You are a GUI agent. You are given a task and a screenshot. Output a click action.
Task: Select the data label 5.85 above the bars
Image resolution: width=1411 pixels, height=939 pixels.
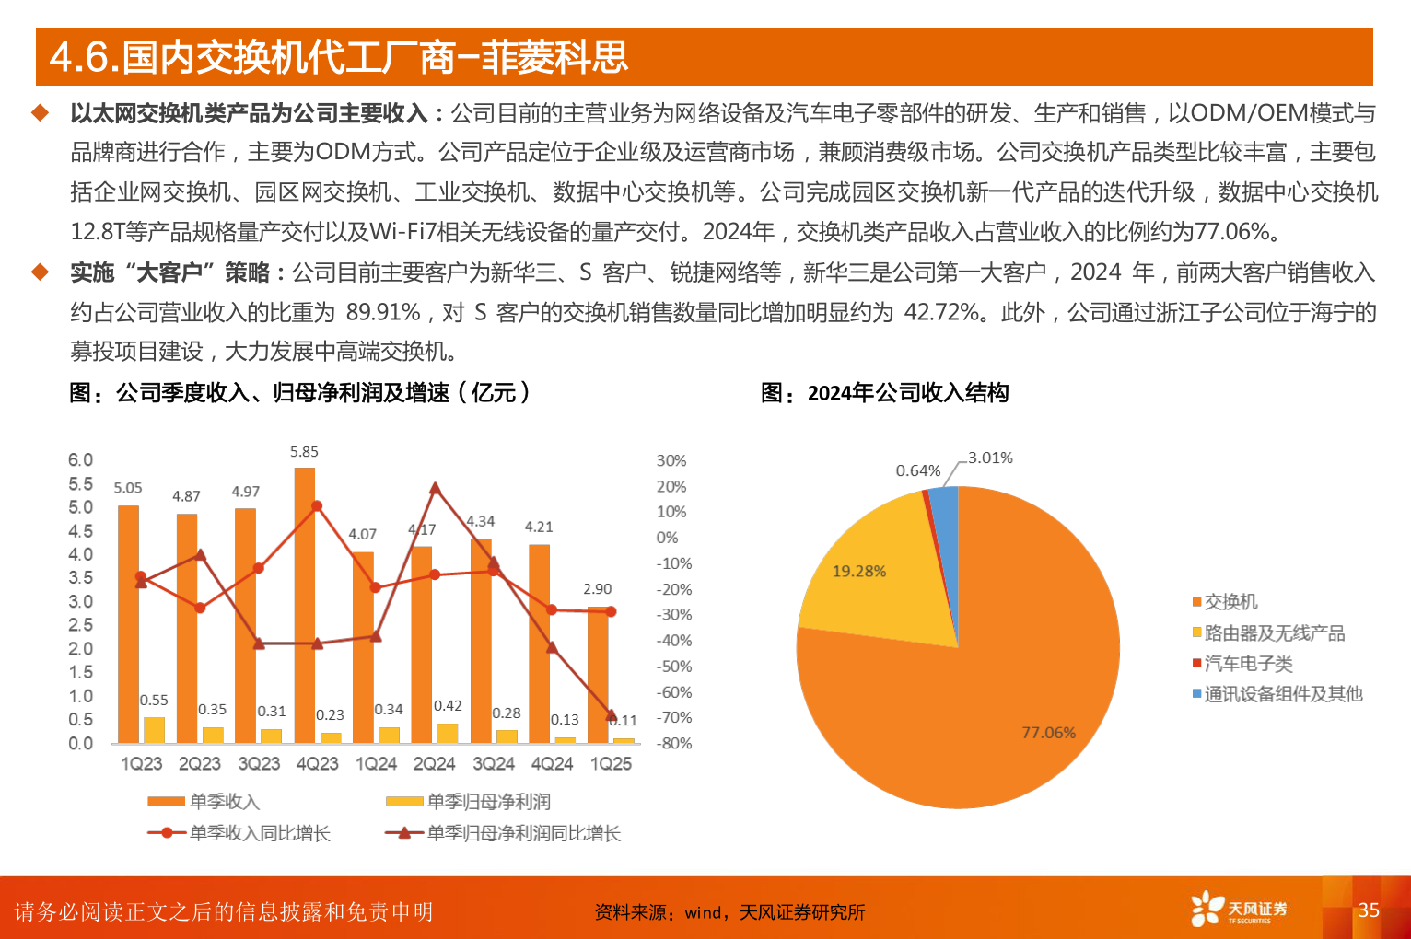304,452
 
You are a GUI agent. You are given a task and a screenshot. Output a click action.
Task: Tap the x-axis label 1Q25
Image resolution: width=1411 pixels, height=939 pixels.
611,764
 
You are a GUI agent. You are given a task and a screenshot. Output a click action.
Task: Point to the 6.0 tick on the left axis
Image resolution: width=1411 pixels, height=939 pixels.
80,459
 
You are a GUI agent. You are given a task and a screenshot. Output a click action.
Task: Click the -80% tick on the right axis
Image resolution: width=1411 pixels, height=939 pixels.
674,743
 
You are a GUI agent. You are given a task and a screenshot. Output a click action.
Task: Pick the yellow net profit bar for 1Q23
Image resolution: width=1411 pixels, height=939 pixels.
154,729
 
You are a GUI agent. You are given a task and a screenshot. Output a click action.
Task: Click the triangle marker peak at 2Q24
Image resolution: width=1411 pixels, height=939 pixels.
435,489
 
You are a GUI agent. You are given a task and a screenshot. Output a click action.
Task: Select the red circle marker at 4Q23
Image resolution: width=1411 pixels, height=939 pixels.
317,506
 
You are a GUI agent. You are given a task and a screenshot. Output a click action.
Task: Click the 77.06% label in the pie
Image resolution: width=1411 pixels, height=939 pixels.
1048,733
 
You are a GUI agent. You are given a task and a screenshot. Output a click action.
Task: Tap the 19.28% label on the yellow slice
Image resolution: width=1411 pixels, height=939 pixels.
859,572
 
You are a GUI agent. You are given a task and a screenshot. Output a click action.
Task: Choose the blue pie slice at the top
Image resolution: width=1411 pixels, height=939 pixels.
945,511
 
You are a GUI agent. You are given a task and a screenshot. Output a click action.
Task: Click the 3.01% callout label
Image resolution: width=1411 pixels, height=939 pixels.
990,458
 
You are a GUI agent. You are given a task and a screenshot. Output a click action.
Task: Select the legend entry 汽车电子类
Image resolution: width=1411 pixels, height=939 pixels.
1248,664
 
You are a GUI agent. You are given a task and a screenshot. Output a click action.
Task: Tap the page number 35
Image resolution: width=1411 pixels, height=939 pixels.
1369,910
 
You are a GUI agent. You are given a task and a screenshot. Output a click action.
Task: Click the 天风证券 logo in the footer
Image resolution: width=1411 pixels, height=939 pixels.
1238,910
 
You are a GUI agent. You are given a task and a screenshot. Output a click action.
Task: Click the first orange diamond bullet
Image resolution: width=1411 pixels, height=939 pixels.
40,113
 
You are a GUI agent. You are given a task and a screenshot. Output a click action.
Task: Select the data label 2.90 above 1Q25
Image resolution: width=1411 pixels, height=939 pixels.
597,589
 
